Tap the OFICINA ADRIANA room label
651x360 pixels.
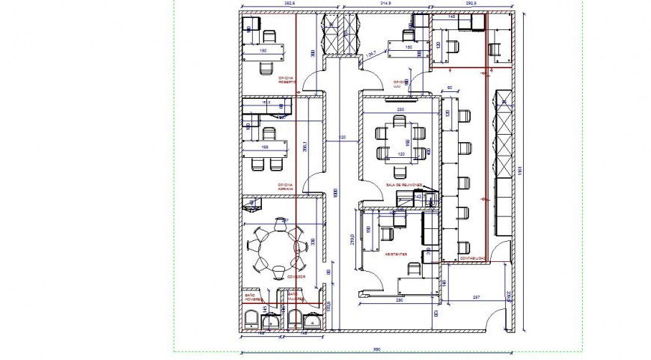tap(286, 187)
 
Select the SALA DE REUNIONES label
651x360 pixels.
tap(404, 185)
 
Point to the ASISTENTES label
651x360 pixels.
tap(396, 254)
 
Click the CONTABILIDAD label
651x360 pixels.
tap(472, 259)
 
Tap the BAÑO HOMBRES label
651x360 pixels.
tap(254, 297)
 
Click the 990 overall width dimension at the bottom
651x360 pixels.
tap(378, 349)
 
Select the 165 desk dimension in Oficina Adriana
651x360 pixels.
tap(265, 147)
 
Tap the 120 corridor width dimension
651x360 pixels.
tap(342, 138)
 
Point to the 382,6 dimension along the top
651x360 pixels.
tap(269, 4)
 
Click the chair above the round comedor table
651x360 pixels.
tap(281, 222)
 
